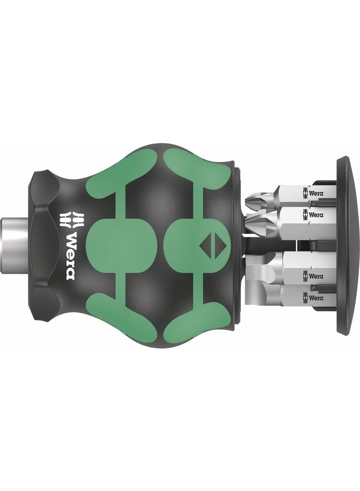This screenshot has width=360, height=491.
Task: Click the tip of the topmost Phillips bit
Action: point(253,199)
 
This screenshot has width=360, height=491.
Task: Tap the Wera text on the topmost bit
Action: point(315,193)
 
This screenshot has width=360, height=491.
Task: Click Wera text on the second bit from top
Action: point(315,215)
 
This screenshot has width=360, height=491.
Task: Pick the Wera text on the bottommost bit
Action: point(315,297)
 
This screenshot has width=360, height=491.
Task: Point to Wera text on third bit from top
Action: point(315,277)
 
